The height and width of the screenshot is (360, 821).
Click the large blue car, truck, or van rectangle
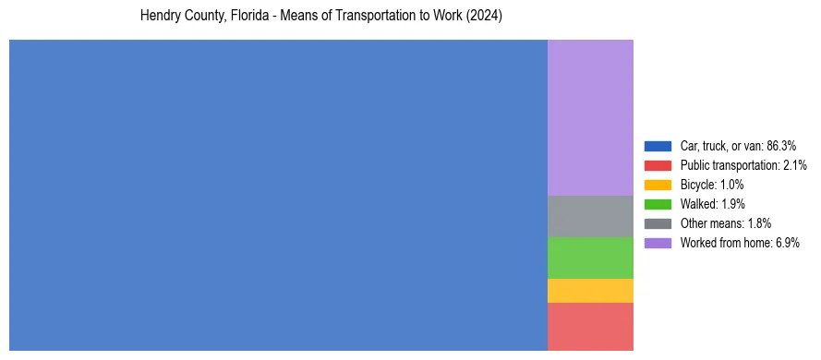pyautogui.click(x=278, y=195)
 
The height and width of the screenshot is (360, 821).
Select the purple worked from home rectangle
pyautogui.click(x=590, y=117)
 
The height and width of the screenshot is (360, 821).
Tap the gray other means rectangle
pyautogui.click(x=590, y=216)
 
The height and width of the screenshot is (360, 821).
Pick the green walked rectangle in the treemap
pyautogui.click(x=590, y=258)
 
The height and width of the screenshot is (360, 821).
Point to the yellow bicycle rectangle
pyautogui.click(x=590, y=291)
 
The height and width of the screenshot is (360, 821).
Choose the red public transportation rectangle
pyautogui.click(x=590, y=327)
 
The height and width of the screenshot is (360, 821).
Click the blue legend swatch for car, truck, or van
pyautogui.click(x=658, y=146)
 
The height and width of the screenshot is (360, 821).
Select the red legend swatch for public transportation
pyautogui.click(x=658, y=165)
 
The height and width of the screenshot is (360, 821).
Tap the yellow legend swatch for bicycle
pyautogui.click(x=658, y=185)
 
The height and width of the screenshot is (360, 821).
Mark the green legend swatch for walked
pyautogui.click(x=658, y=204)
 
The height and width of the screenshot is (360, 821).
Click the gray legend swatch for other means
pyautogui.click(x=658, y=223)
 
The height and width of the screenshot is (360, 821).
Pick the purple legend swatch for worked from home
pyautogui.click(x=658, y=243)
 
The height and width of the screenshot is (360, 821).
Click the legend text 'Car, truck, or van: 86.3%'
pyautogui.click(x=738, y=146)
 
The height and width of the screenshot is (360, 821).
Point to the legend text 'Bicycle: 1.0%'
pyautogui.click(x=712, y=185)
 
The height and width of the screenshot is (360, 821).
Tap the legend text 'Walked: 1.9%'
pyautogui.click(x=712, y=204)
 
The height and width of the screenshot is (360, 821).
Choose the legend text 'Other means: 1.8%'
pyautogui.click(x=725, y=223)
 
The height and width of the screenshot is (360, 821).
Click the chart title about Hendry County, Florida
pyautogui.click(x=320, y=17)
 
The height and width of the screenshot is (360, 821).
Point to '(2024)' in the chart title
pyautogui.click(x=485, y=17)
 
